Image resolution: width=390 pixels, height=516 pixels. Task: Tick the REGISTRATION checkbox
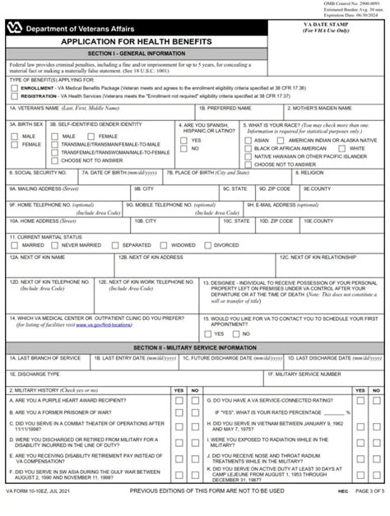coord(14,94)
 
